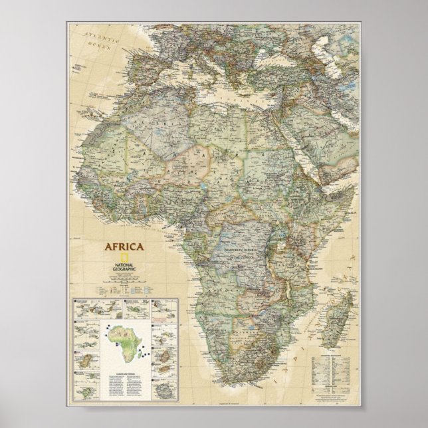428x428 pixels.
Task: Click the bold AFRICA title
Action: (123, 247)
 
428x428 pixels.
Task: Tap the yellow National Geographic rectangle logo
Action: (124, 259)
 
